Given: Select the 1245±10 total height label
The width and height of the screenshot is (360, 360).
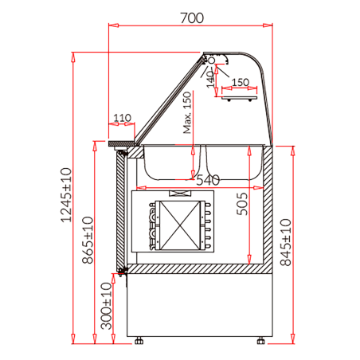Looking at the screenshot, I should pos(67,196).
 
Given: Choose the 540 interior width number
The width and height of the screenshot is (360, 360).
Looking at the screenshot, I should pos(206,180).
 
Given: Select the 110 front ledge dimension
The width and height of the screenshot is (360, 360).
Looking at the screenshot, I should pos(121,119).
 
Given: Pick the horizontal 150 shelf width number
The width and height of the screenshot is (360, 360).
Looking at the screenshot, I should pos(241,82).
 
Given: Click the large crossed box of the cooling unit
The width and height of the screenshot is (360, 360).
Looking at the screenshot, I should pos(180,225).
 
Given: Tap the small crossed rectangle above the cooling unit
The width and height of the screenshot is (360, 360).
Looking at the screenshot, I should pos(180,194).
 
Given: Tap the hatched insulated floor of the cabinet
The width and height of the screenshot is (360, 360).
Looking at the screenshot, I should pos(199,272).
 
